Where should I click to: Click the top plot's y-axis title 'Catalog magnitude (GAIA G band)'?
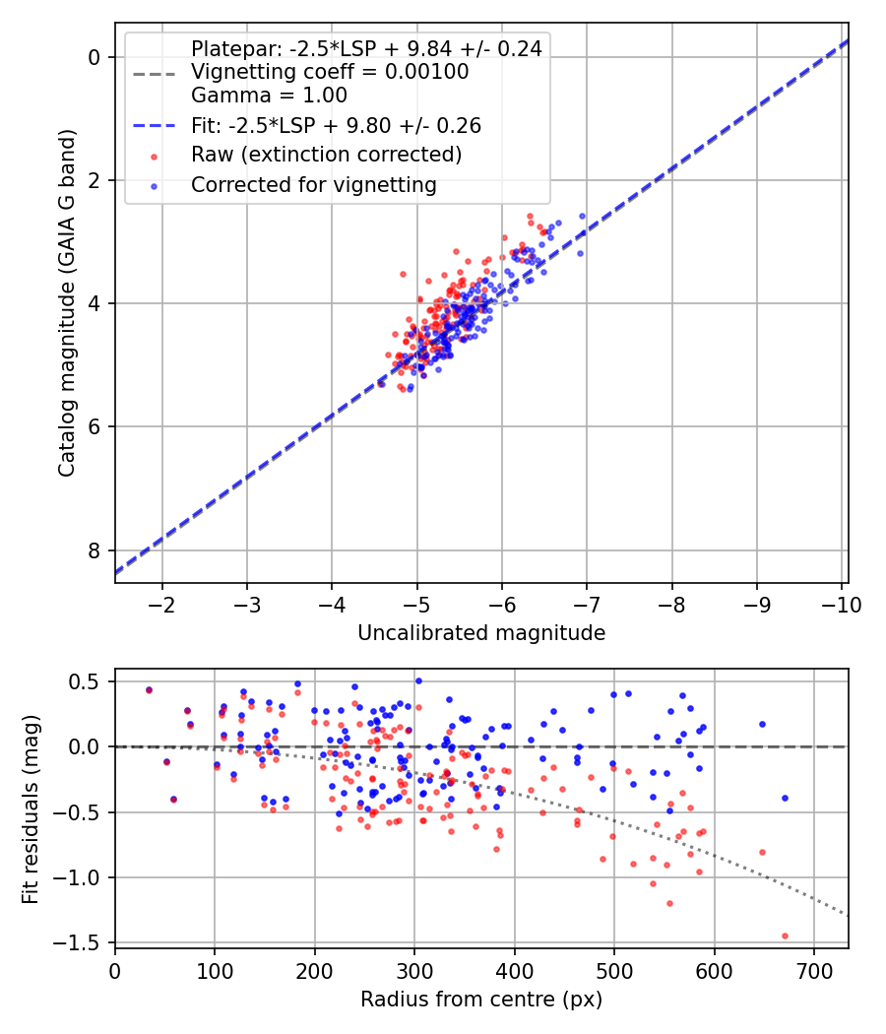click(x=67, y=302)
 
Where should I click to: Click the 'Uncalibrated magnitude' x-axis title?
click(x=481, y=633)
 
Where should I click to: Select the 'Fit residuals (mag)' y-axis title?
click(x=31, y=809)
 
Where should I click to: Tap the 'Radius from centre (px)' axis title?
click(x=481, y=1000)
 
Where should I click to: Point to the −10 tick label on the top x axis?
click(x=841, y=605)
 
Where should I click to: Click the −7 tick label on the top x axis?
click(x=586, y=605)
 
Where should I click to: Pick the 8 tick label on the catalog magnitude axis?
click(x=95, y=550)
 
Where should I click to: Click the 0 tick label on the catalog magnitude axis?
click(x=95, y=57)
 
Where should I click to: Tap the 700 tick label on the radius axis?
click(x=814, y=971)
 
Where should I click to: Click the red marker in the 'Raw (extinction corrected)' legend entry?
click(x=155, y=157)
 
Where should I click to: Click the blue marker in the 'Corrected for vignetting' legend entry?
click(x=155, y=187)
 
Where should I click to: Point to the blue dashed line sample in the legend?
click(x=155, y=126)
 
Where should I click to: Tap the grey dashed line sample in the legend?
click(x=155, y=73)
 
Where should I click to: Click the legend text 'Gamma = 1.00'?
click(x=269, y=96)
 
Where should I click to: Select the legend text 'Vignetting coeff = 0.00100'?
click(x=330, y=72)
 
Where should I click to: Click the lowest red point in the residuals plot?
click(x=785, y=936)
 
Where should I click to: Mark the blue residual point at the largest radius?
click(x=785, y=798)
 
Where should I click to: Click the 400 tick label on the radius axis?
click(x=514, y=971)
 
